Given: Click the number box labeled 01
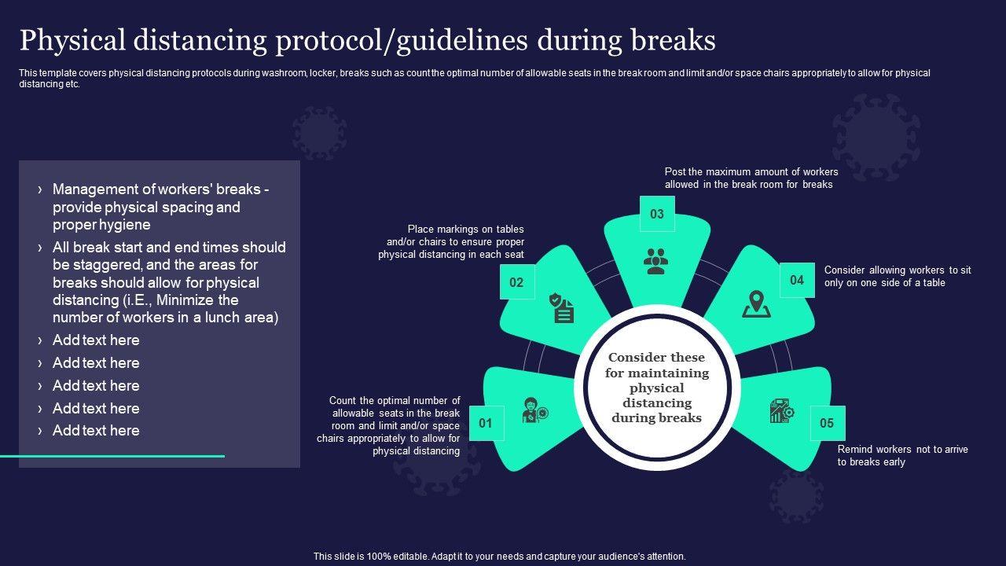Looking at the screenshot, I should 486,423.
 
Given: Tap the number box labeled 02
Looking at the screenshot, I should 517,282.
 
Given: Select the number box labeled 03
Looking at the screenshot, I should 657,214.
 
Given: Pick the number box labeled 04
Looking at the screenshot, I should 797,280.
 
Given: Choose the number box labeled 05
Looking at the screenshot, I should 827,423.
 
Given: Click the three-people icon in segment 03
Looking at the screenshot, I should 655,261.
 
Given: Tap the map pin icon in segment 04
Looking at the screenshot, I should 756,304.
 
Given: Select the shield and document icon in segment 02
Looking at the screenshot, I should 562,307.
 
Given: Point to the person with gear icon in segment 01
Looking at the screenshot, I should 535,411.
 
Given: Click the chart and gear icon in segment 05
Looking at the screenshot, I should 781,411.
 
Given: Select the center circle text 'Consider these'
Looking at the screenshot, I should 656,358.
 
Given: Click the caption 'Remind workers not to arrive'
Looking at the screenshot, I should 902,450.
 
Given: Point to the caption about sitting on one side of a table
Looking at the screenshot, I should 897,276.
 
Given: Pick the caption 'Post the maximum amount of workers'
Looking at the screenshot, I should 751,171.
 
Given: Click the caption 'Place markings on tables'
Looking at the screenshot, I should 465,230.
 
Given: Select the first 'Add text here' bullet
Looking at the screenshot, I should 96,340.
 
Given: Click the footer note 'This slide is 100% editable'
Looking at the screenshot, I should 500,556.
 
